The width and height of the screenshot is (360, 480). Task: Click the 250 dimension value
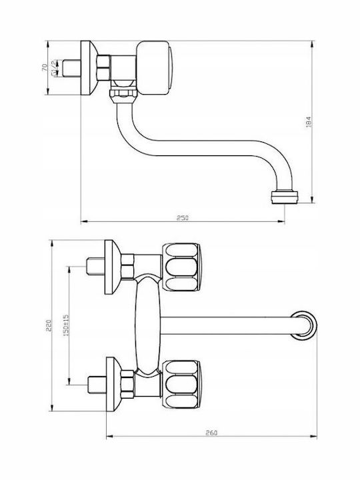183,217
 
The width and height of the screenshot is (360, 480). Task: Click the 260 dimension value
211,433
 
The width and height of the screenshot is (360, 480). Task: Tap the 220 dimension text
49,326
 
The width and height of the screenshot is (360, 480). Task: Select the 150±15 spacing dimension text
66,325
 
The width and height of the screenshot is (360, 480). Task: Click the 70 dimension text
45,67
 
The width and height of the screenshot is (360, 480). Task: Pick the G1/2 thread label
54,68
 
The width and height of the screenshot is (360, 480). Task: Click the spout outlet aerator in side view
285,197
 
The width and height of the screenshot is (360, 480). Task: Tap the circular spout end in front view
303,325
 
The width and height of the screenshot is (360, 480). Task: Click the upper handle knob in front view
181,267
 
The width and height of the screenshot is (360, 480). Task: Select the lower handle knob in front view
181,384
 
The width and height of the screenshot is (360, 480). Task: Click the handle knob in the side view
154,67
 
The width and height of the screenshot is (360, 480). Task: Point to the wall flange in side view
89,67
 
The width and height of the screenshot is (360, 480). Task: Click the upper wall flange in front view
113,267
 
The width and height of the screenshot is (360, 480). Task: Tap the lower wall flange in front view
114,384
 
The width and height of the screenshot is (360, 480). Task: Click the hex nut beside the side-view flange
103,67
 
